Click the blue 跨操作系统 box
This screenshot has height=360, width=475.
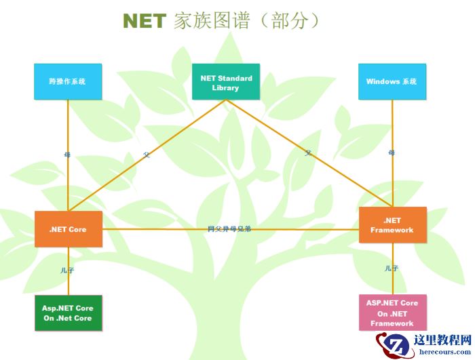(68, 81)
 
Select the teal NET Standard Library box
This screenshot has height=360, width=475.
(226, 82)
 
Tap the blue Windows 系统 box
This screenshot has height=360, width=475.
(392, 81)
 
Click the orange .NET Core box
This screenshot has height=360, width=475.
(68, 229)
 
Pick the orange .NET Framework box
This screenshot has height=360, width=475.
(392, 225)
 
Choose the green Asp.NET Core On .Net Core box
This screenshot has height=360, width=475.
(68, 313)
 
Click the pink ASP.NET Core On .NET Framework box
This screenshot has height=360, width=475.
(392, 313)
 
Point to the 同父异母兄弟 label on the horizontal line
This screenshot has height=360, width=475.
(229, 229)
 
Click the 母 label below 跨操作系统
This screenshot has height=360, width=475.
(66, 155)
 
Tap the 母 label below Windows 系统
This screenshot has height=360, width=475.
(392, 153)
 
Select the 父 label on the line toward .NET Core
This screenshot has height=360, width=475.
(147, 155)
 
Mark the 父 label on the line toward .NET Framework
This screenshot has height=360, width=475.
(308, 154)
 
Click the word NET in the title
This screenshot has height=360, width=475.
(144, 21)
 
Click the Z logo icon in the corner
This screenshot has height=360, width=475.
(398, 346)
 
